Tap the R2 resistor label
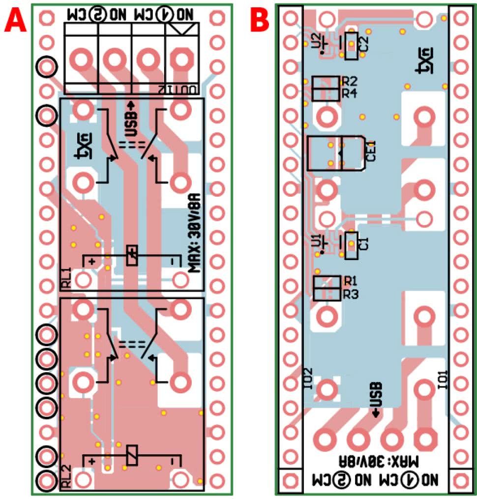[350, 81]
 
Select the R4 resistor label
[350, 93]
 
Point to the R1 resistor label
[351, 281]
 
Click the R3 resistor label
[351, 294]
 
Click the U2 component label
[316, 39]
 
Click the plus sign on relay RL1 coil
[92, 261]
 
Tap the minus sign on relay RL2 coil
[173, 462]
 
